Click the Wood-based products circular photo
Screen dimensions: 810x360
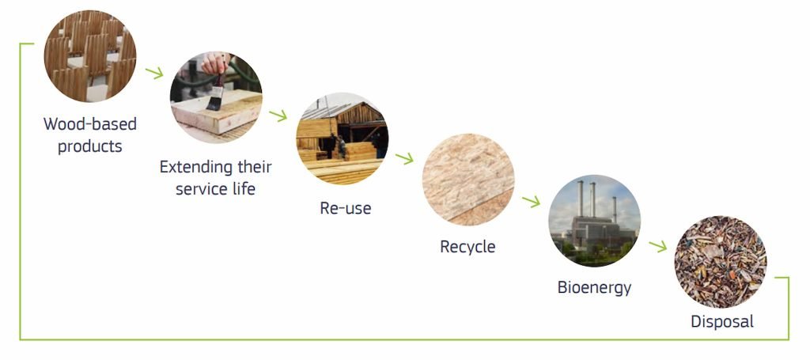pos(90,56)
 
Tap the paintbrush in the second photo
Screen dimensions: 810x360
pos(216,93)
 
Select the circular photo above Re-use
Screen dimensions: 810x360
pos(342,138)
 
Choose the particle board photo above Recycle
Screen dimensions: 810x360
pos(468,180)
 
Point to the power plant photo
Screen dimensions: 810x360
pos(595,221)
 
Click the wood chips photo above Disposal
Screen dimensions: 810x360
pos(721,262)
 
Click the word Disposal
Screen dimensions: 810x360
pos(722,321)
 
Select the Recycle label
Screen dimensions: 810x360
pos(467,246)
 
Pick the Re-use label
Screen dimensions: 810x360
pos(345,207)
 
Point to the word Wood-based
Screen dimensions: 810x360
pos(90,124)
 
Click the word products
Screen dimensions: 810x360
pos(90,146)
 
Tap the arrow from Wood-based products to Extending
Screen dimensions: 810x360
pos(154,73)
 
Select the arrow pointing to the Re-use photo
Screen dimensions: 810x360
pos(278,116)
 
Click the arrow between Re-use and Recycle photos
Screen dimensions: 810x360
pos(404,158)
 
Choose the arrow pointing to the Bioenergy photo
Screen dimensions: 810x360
pos(531,201)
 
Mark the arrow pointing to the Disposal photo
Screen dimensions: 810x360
pos(657,246)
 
